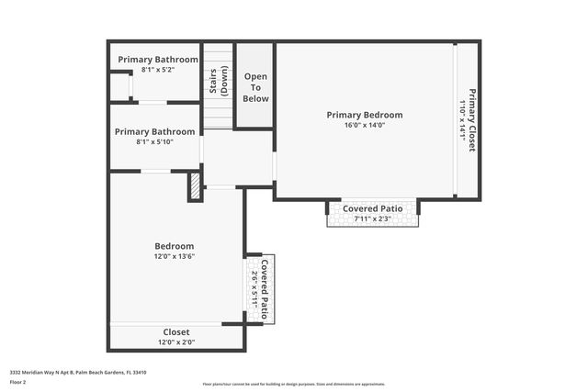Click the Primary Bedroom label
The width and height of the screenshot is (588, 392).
coord(365,115)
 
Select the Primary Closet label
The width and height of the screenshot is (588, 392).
coord(472,119)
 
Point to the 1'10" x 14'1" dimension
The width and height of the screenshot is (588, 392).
coord(462,119)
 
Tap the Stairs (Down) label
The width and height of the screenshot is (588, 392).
coord(218,82)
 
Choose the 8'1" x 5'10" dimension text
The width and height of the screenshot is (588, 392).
coord(154,141)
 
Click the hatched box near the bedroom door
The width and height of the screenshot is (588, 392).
coord(195,186)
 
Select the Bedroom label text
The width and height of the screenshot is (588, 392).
coord(174,246)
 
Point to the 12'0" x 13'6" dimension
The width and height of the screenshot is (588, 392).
coord(174,256)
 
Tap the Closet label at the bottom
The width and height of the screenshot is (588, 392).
coord(176,331)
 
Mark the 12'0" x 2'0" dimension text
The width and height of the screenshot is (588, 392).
coord(176,342)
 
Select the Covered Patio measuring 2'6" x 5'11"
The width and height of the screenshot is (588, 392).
coord(259,288)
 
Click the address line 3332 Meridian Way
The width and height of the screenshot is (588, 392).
coord(79,372)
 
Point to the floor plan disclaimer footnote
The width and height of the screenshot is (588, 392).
coord(294,384)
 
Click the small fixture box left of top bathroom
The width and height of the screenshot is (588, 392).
coord(119,86)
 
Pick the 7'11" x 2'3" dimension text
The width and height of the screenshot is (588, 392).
coord(373,218)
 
